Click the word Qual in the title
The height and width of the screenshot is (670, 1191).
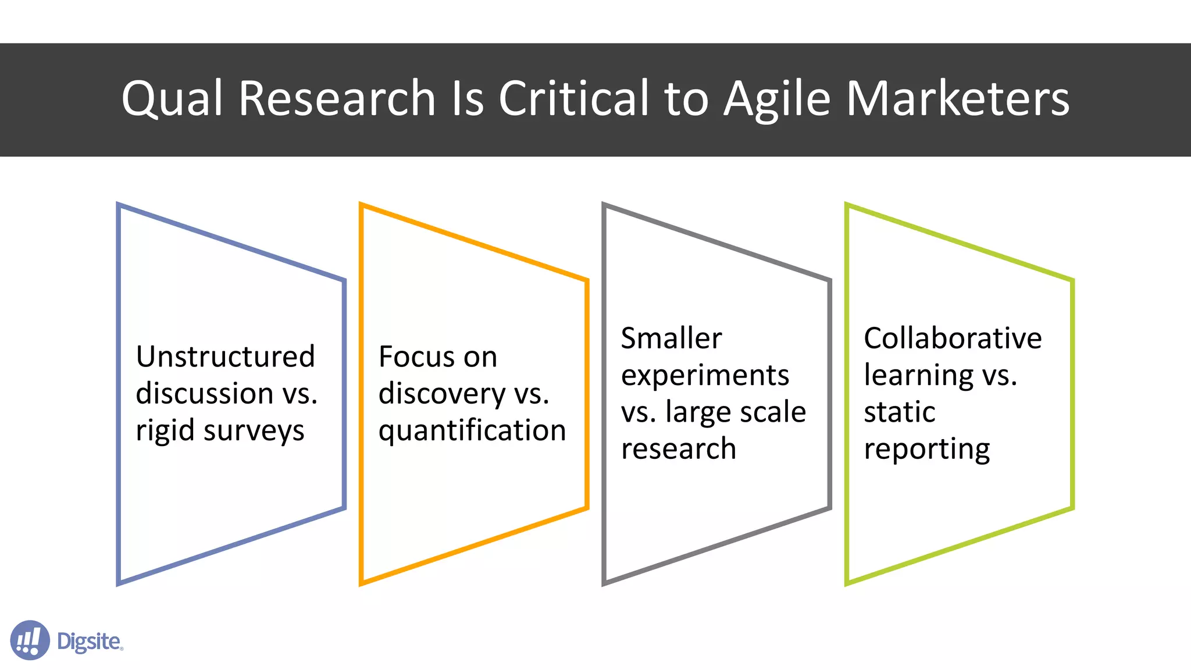172,99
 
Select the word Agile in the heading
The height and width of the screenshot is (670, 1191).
777,99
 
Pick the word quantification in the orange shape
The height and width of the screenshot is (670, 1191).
472,431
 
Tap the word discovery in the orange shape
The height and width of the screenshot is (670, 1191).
441,394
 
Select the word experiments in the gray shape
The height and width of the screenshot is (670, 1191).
705,376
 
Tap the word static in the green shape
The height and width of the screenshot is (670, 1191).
899,412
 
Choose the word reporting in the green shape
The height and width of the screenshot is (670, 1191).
926,450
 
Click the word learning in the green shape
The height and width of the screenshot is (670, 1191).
918,376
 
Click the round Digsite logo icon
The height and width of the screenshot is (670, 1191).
30,640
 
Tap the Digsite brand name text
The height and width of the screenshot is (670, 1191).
89,642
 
